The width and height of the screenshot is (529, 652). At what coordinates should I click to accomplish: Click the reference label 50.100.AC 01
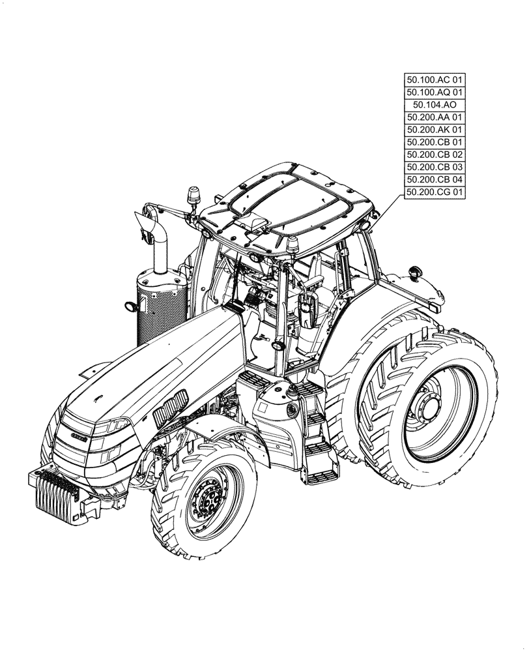coord(435,80)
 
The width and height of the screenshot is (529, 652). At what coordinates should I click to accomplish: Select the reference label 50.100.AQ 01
coord(435,93)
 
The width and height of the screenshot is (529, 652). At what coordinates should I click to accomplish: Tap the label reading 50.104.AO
coord(435,105)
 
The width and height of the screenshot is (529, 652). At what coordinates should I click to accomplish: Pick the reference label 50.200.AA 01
coord(435,117)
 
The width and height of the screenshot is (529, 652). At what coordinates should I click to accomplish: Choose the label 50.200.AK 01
coord(435,130)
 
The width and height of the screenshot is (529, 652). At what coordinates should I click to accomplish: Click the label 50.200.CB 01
coord(435,142)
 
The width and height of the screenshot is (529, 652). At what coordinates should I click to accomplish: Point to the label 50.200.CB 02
coord(435,155)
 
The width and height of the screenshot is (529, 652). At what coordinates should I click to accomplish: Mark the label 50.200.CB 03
coord(435,167)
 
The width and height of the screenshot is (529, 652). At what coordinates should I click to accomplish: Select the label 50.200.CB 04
coord(435,179)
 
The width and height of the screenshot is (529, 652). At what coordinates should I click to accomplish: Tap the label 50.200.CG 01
coord(435,192)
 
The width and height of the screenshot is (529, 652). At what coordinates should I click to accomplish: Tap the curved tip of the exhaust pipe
coord(147,222)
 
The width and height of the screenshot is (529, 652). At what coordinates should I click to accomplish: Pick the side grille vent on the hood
coord(171,401)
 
